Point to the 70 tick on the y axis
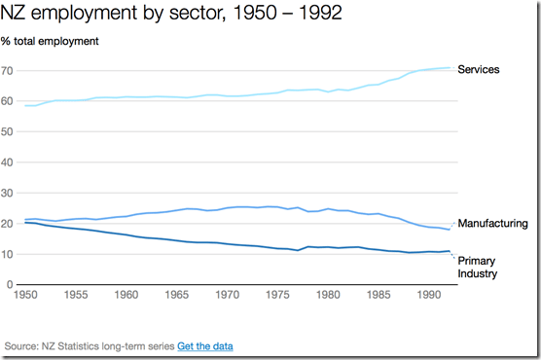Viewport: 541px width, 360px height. coord(9,71)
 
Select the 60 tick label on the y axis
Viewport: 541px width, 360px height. coord(9,101)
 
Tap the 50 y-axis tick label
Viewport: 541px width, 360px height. coord(9,132)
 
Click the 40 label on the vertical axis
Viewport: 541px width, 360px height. coord(9,162)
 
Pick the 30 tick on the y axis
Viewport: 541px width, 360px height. coord(9,193)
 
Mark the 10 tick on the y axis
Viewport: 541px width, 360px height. coord(9,254)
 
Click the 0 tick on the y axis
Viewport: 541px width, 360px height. coord(12,284)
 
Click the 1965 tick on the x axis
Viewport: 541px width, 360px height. coord(177,294)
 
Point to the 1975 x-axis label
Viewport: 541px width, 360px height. coord(278,294)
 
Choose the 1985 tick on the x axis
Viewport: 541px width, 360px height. coord(379,294)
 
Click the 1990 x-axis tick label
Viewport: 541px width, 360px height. coord(430,294)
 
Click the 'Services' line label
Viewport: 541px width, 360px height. coord(478,69)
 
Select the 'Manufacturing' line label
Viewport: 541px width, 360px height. coord(492,223)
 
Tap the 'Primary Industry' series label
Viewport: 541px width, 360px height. coord(478,268)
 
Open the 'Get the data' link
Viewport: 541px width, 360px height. coord(205,345)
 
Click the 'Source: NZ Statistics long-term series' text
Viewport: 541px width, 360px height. coord(90,345)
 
